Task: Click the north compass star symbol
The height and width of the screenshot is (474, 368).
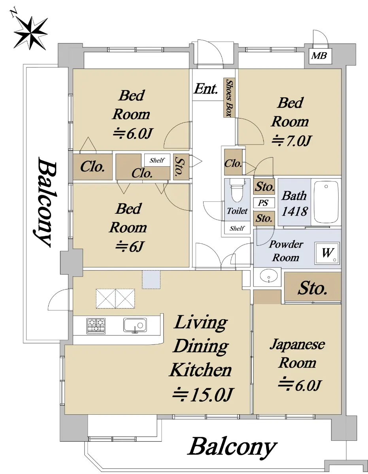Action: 30,33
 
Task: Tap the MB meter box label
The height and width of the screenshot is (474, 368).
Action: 319,56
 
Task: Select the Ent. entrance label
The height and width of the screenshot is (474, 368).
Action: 206,89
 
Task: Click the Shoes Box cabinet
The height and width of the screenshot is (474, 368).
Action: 229,98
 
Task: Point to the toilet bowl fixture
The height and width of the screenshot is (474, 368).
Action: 237,190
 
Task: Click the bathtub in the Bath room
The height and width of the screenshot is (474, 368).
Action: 326,202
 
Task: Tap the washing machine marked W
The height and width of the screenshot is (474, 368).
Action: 327,253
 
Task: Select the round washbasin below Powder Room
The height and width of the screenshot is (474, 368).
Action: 269,276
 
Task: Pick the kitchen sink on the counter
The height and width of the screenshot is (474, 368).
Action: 135,325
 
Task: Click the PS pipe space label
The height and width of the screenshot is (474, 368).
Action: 263,203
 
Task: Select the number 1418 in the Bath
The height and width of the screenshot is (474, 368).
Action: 294,211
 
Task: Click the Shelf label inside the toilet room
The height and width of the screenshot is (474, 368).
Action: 237,228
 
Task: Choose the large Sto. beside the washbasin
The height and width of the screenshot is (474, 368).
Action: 313,288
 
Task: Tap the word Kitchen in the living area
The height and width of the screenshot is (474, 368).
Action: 200,370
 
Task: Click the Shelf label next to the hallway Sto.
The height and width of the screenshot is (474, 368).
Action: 157,160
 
